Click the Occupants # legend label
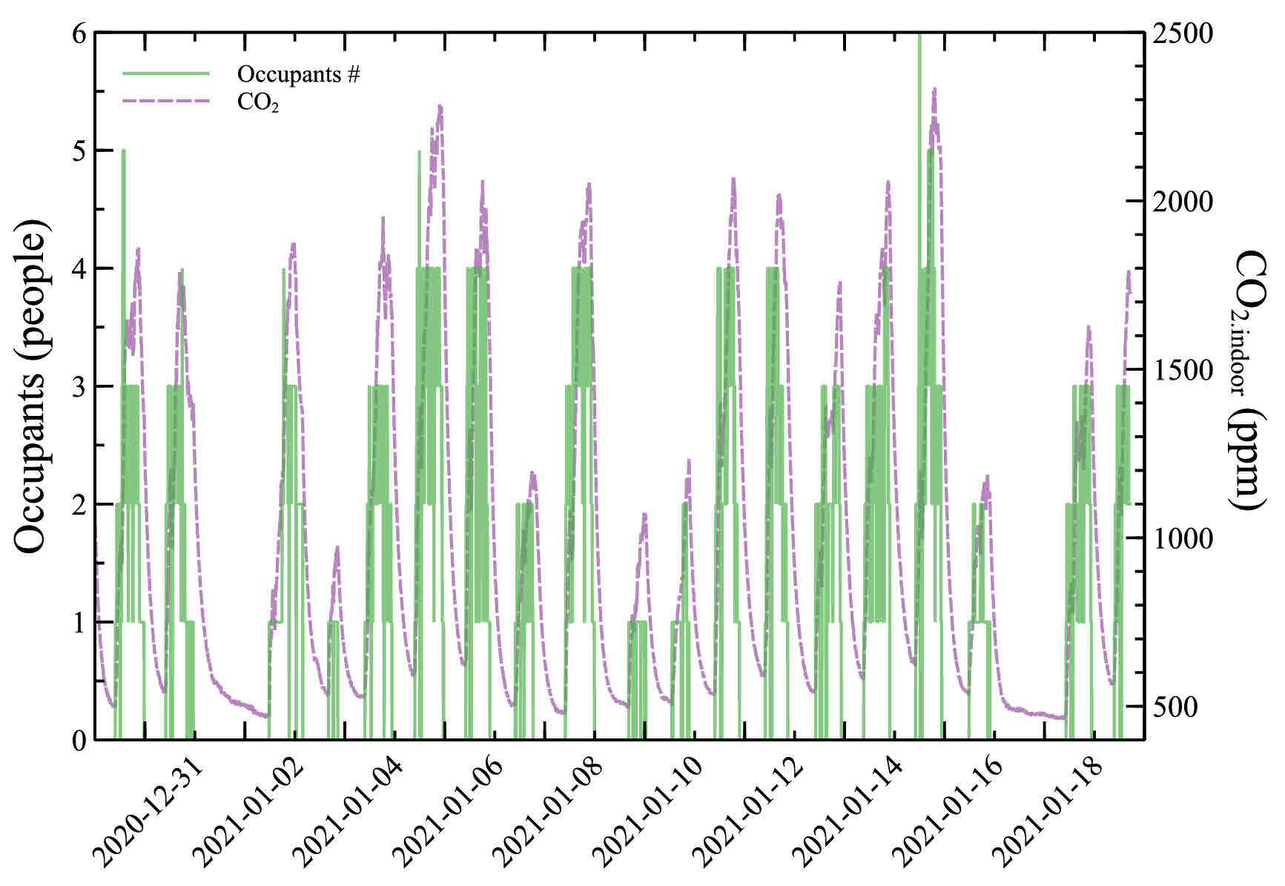pos(299,74)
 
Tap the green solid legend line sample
pos(167,73)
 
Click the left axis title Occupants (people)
pos(33,386)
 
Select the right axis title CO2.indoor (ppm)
pos(1249,380)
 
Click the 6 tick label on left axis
pos(79,33)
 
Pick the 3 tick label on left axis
pos(79,386)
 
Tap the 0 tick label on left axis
pos(79,740)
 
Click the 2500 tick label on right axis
pos(1182,33)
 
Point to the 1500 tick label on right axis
pos(1182,370)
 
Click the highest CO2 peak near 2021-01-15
pos(934,88)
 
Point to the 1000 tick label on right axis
pos(1182,538)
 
